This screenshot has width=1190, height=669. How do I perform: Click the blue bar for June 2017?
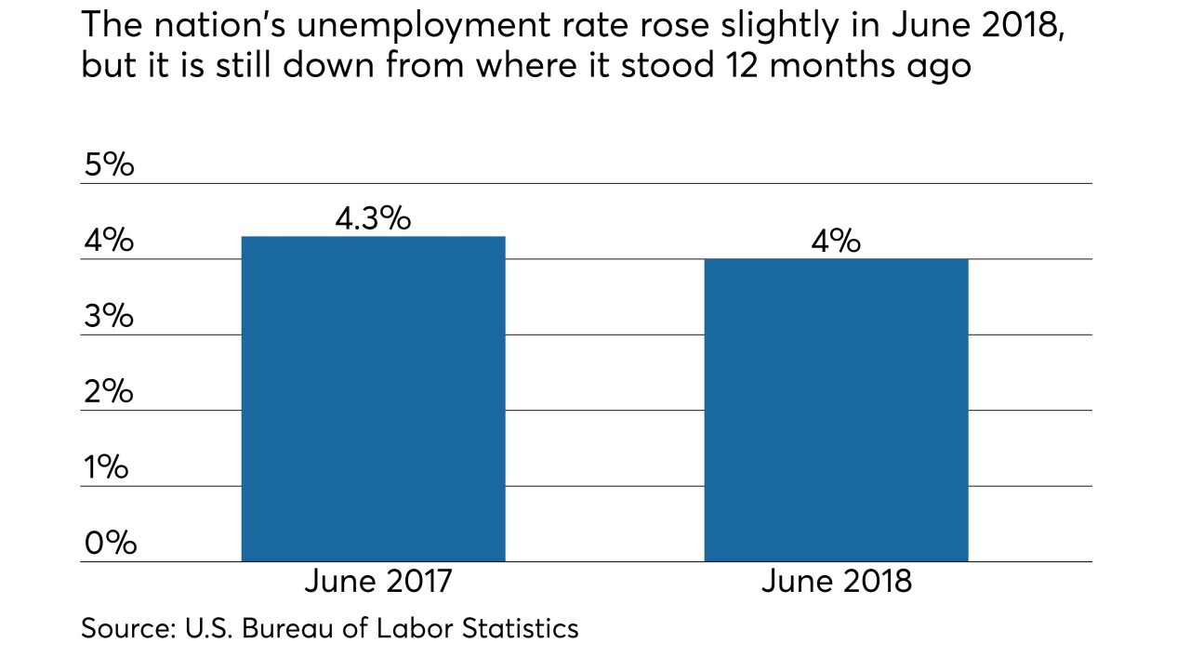373,399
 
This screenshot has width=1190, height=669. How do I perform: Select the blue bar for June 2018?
836,410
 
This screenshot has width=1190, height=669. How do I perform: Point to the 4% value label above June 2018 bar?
836,242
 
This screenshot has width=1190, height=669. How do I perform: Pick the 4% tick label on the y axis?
109,242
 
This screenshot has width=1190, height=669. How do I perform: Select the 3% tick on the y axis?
109,317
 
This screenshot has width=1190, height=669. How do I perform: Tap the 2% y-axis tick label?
109,392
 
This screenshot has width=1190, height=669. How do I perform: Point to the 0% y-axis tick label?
110,544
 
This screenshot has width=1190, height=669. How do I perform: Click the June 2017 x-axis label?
377,582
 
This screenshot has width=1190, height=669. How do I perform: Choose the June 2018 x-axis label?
837,582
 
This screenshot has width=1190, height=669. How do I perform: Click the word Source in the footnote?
122,628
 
